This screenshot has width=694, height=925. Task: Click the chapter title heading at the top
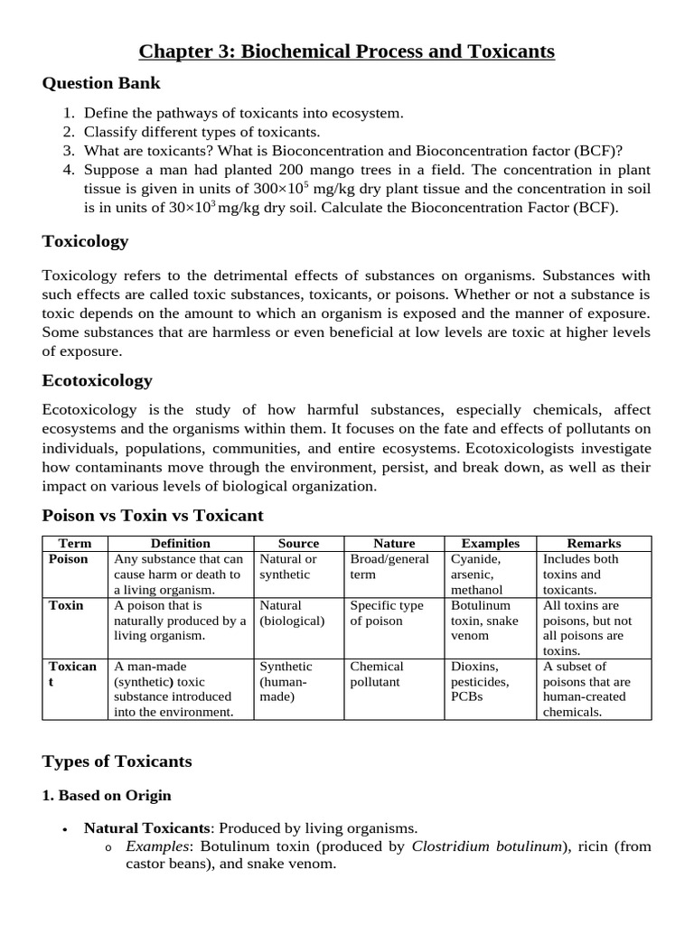[347, 51]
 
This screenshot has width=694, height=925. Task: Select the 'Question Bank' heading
[101, 83]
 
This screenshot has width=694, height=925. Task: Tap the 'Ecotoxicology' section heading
[97, 380]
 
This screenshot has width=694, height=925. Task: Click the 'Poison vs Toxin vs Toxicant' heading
[153, 516]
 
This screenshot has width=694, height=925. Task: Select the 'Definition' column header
[180, 543]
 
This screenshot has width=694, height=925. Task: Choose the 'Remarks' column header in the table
[594, 543]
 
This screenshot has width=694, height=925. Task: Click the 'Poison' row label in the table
[69, 559]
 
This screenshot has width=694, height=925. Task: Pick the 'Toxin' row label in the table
[66, 605]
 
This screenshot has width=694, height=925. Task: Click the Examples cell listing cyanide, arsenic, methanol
[477, 574]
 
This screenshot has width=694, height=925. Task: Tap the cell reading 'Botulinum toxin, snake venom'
[481, 621]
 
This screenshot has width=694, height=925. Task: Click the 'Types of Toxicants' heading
[117, 761]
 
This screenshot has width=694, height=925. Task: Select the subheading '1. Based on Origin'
[107, 796]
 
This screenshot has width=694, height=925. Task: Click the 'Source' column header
[298, 543]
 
